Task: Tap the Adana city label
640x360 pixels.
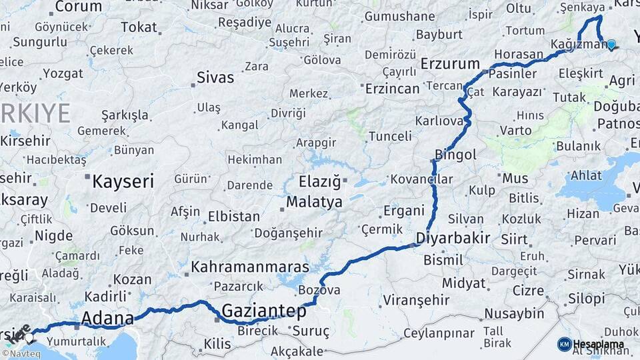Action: tap(107, 319)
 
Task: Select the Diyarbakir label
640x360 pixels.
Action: tap(453, 237)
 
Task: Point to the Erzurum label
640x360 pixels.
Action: tap(450, 64)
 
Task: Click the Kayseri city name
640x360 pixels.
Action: tap(123, 181)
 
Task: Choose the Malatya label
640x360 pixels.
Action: tap(314, 201)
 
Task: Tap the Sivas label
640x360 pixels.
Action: tap(215, 77)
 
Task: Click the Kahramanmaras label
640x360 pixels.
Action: tap(250, 267)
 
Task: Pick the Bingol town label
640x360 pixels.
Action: tap(455, 155)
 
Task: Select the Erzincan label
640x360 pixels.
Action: tap(393, 88)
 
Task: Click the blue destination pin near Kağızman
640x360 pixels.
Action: tap(611, 44)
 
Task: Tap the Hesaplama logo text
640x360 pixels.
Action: tap(599, 344)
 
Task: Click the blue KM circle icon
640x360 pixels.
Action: tap(564, 344)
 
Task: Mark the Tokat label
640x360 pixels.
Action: tap(138, 27)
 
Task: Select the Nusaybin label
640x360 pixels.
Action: tap(514, 313)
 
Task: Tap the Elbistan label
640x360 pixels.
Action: tap(233, 217)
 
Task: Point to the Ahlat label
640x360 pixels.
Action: tap(585, 175)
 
